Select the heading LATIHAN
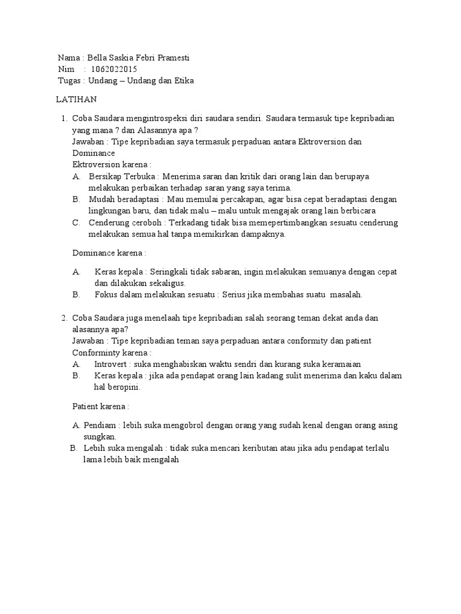click(x=76, y=99)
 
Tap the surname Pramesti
click(x=174, y=58)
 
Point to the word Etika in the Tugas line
click(x=184, y=81)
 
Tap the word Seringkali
click(x=171, y=272)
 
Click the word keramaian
click(x=340, y=364)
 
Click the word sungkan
click(x=100, y=437)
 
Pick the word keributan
click(x=264, y=448)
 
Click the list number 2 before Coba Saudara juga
click(x=64, y=318)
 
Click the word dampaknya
click(x=260, y=234)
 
